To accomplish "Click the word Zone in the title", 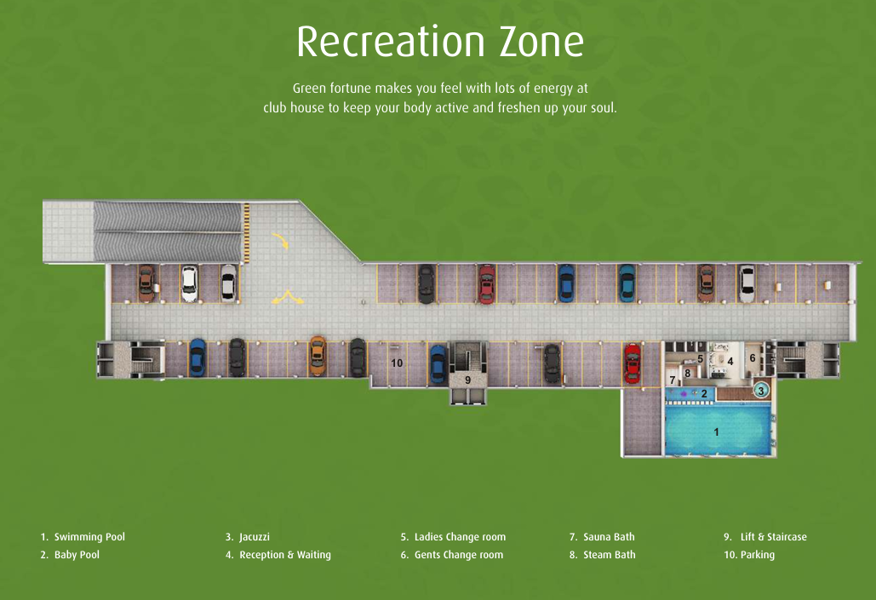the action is (541, 42).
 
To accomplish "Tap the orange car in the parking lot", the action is (318, 356).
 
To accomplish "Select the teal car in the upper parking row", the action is (627, 283).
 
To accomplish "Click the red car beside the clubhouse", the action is (632, 363).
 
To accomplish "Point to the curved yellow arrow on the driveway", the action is (281, 240).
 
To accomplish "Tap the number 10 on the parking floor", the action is (397, 363).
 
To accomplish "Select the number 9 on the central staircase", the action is (467, 380).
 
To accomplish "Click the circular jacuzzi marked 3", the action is (760, 391).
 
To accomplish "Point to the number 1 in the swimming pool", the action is (716, 431).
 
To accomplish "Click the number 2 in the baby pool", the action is (704, 394).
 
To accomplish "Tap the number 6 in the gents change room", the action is (753, 358).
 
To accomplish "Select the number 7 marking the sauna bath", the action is (673, 380).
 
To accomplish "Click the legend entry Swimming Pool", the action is (83, 537).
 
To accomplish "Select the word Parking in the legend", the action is (758, 555).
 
